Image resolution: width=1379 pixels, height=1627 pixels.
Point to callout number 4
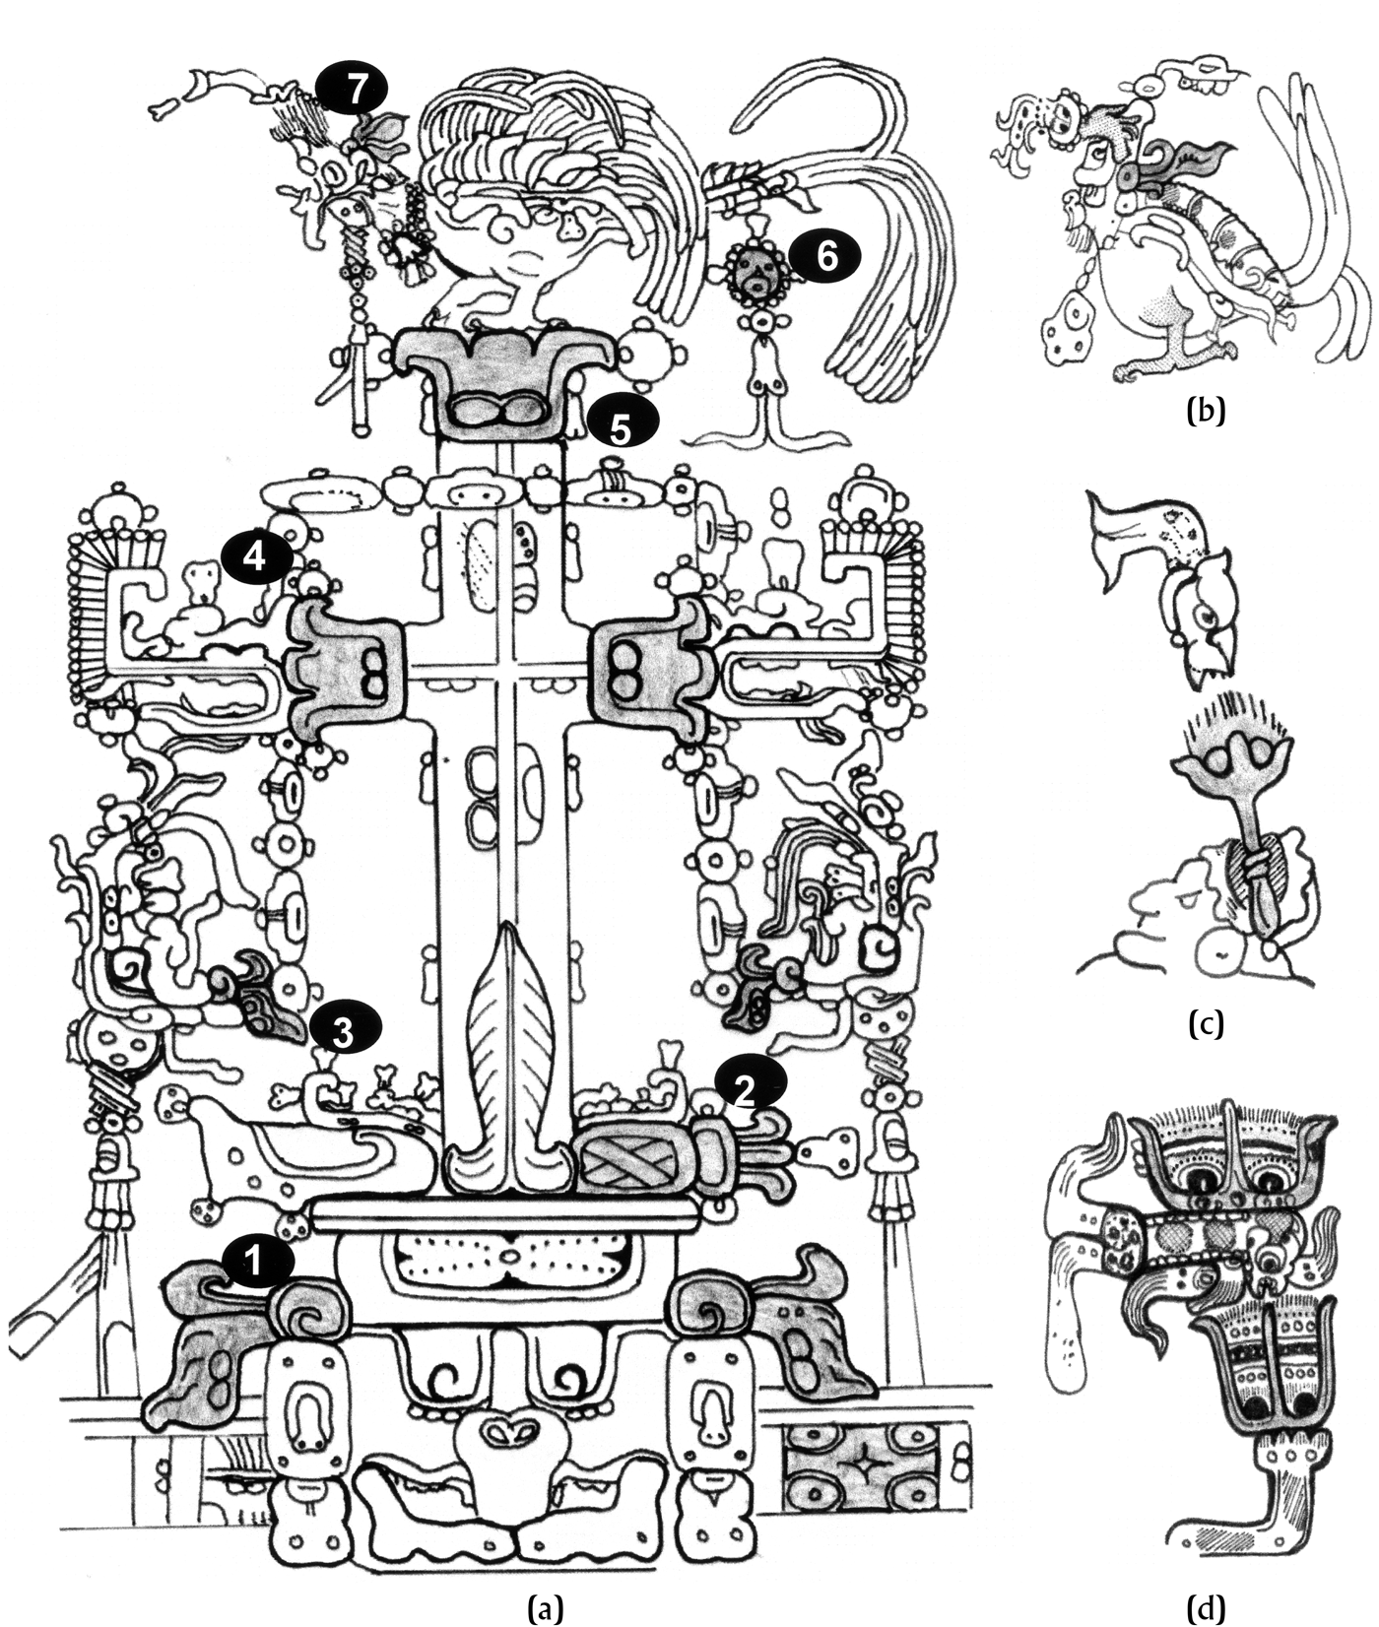click(254, 558)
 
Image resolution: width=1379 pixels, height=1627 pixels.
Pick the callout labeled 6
click(825, 256)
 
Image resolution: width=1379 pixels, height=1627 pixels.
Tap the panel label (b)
click(1206, 411)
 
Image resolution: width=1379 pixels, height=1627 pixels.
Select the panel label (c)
click(1206, 1024)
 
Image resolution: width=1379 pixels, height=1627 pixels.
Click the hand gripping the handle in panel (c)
click(1257, 867)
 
